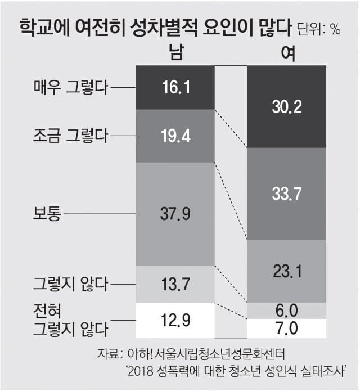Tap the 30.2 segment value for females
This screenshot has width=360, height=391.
point(286,106)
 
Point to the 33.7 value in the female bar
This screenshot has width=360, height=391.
point(286,194)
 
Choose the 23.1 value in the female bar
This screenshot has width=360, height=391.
point(286,271)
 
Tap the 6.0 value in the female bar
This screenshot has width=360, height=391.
point(286,310)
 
